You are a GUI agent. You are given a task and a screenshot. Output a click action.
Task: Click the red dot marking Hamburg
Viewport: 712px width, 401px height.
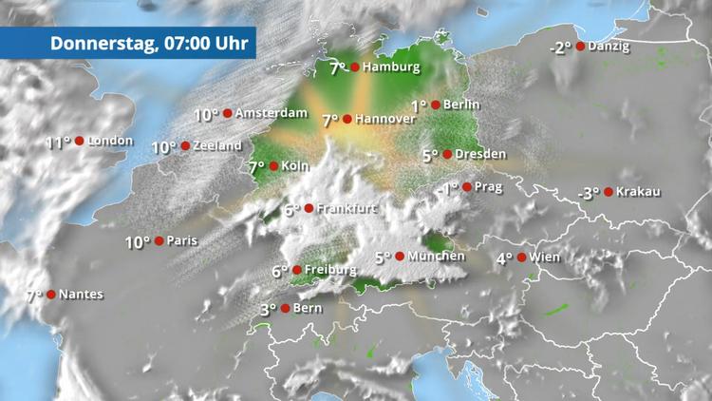(354, 67)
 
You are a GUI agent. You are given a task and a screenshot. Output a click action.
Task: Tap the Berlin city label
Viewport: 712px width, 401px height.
(461, 105)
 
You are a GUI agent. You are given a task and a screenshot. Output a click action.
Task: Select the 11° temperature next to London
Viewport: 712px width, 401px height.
(58, 143)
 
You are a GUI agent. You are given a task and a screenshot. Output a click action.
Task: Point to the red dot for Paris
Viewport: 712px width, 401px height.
(159, 241)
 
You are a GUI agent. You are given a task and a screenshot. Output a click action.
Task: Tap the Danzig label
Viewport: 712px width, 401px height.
(609, 46)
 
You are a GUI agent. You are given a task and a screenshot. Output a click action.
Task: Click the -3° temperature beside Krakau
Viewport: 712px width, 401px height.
(590, 193)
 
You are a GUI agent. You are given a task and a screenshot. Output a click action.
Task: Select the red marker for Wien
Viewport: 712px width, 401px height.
(521, 257)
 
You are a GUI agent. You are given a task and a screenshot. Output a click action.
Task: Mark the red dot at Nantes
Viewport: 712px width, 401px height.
(50, 295)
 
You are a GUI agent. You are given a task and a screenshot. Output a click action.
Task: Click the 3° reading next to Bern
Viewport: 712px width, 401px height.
(268, 309)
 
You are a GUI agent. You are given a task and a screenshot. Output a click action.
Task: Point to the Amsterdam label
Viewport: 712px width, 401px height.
(272, 113)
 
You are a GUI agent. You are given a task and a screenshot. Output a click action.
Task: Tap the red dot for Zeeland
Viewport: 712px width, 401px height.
(185, 146)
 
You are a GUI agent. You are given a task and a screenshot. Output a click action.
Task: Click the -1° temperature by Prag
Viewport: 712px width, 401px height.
(447, 189)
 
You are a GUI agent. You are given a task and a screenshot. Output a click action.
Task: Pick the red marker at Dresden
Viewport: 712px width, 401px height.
(447, 154)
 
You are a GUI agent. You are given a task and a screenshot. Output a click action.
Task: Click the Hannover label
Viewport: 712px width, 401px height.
(386, 120)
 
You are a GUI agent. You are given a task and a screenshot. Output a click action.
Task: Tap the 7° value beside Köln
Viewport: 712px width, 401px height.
(256, 167)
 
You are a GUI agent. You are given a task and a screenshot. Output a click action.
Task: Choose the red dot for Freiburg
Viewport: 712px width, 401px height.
(296, 271)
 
